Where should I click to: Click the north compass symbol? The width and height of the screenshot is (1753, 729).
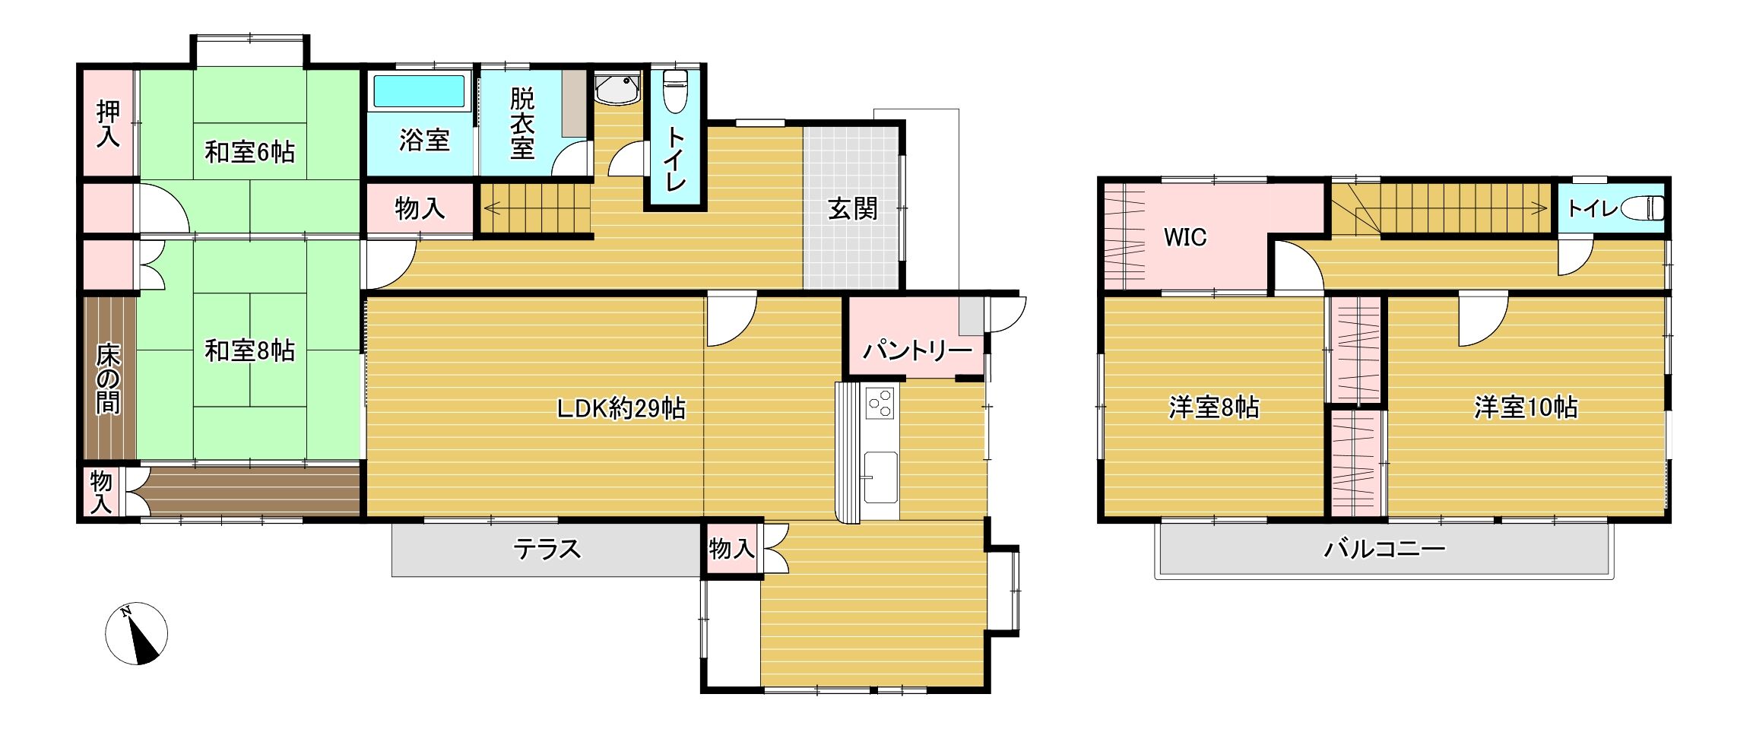coord(136,634)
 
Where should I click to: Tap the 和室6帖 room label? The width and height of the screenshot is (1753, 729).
coord(249,152)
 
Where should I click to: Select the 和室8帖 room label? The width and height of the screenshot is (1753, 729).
coord(249,350)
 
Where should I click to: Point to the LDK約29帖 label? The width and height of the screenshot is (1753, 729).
coord(621,409)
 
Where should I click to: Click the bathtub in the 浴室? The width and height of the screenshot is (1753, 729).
coord(419,91)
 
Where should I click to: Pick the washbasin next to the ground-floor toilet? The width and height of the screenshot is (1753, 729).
coord(617,89)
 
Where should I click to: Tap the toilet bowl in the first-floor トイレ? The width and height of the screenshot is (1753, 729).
coord(675,91)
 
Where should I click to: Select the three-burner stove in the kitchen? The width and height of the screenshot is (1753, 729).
coord(881,403)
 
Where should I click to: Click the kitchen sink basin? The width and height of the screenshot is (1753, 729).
coord(880,478)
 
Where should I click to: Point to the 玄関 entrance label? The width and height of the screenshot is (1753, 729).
coord(852,208)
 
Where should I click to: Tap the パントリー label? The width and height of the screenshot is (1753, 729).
coord(917,350)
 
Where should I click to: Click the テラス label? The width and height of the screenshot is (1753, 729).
coord(547,548)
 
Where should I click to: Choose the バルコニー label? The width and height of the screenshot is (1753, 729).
coord(1384,548)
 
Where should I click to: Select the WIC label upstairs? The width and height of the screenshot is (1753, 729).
coord(1185,237)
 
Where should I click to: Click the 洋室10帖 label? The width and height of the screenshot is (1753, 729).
coord(1526,407)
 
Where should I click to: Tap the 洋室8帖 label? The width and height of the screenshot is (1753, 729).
coord(1213,407)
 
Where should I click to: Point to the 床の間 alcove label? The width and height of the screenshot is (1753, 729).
coord(108,379)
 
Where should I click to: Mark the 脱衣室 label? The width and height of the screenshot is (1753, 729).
coord(522,123)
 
